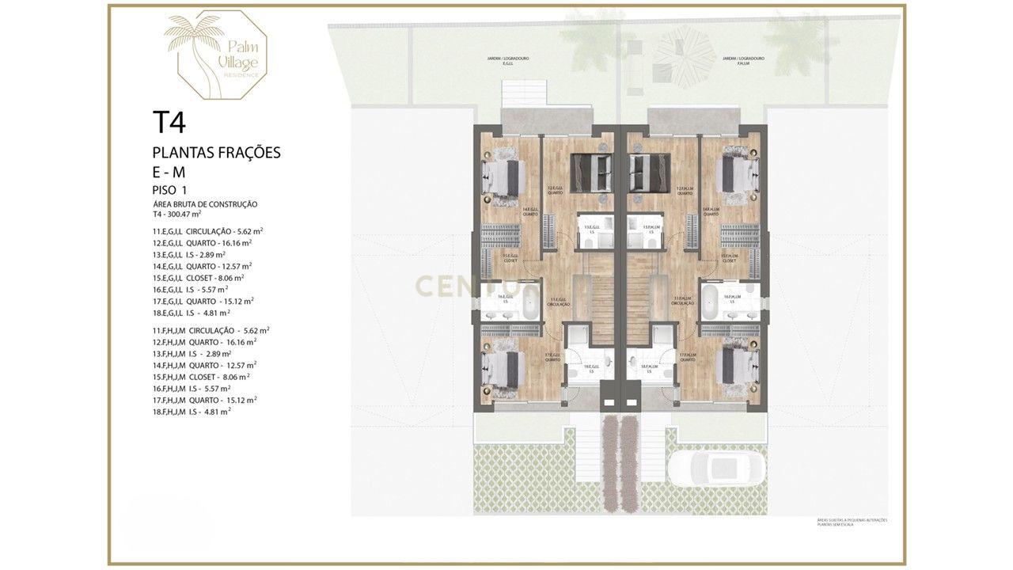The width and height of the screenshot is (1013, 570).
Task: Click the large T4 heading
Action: click(169, 123)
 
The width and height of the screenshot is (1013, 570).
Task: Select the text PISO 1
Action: click(169, 189)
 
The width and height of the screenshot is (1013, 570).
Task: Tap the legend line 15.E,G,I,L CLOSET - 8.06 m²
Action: click(198, 278)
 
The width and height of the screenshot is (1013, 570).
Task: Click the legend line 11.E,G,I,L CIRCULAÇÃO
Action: click(207, 231)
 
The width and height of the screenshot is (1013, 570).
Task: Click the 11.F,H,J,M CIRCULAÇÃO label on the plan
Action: click(682, 302)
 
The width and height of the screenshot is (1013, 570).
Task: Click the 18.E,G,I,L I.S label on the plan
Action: click(589, 368)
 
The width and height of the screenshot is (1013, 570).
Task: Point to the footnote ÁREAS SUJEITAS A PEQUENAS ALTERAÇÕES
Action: click(852, 520)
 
